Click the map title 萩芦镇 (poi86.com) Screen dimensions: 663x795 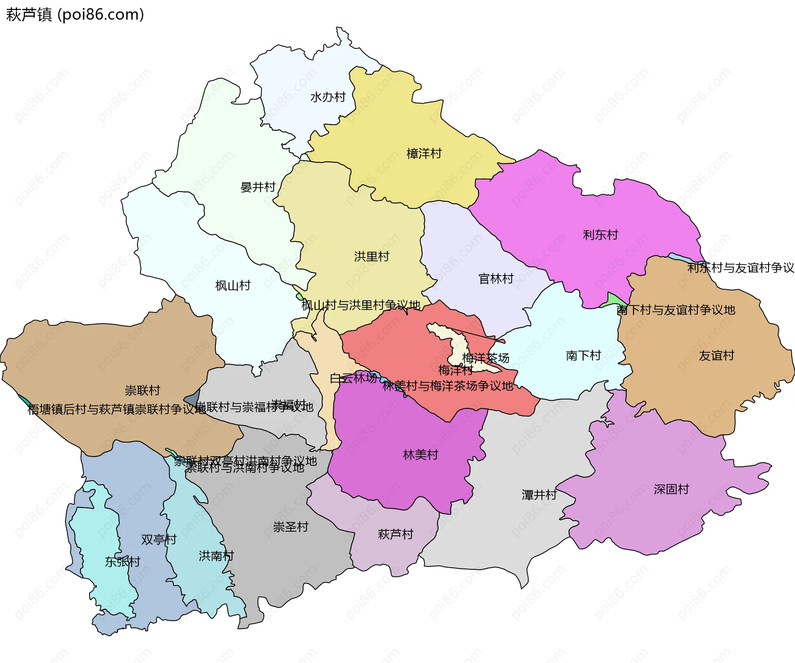pyautogui.click(x=75, y=15)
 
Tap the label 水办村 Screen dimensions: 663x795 pyautogui.click(x=328, y=97)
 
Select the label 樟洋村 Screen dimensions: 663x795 pyautogui.click(x=424, y=154)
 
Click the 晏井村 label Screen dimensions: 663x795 pyautogui.click(x=258, y=187)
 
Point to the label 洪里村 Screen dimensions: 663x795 pyautogui.click(x=371, y=256)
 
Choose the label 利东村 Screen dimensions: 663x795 pyautogui.click(x=600, y=235)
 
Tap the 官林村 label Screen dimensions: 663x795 pyautogui.click(x=496, y=278)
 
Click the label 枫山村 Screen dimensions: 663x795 pyautogui.click(x=233, y=286)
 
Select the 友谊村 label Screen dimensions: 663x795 pyautogui.click(x=716, y=356)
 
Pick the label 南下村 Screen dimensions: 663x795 pyautogui.click(x=583, y=356)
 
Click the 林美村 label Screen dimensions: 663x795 pyautogui.click(x=420, y=455)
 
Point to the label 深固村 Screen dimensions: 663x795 pyautogui.click(x=671, y=489)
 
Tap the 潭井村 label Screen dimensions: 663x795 pyautogui.click(x=539, y=495)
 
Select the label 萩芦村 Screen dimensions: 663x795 pyautogui.click(x=395, y=534)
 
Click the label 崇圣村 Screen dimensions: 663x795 pyautogui.click(x=291, y=527)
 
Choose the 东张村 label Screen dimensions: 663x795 pyautogui.click(x=123, y=562)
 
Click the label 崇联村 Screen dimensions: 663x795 pyautogui.click(x=142, y=390)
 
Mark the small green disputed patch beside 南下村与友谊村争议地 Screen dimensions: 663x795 pyautogui.click(x=615, y=300)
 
